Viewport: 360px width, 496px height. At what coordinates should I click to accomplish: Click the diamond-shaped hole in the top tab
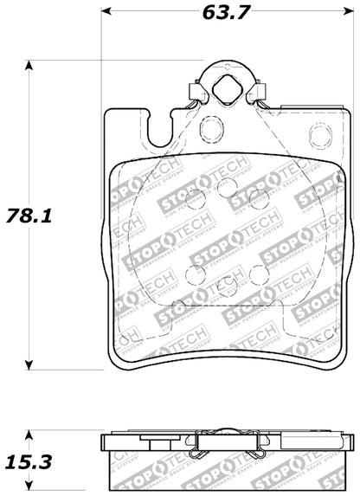click(229, 87)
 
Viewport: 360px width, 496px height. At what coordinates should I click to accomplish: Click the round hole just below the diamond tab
click(211, 131)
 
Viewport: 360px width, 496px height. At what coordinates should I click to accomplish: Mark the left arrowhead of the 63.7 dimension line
click(106, 12)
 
